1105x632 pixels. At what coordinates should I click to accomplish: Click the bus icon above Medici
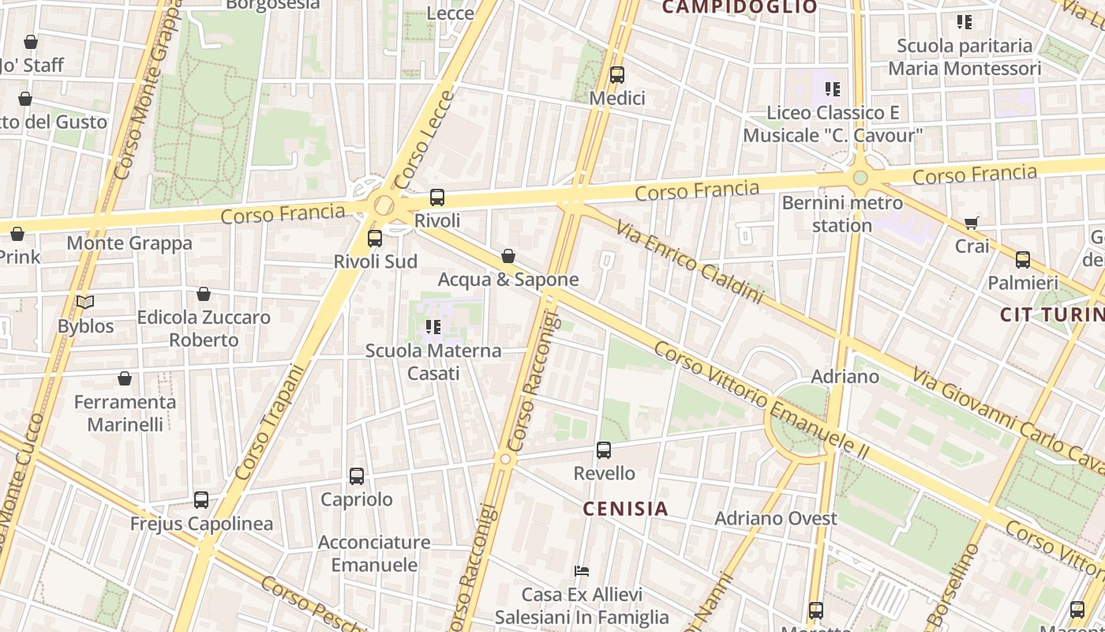pyautogui.click(x=617, y=75)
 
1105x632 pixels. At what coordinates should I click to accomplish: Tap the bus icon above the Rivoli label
pyautogui.click(x=437, y=197)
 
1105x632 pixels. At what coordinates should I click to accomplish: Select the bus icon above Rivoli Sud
pyautogui.click(x=375, y=238)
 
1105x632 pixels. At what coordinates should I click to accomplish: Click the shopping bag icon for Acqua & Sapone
pyautogui.click(x=508, y=256)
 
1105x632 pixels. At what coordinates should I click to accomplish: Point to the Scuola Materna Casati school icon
pyautogui.click(x=433, y=327)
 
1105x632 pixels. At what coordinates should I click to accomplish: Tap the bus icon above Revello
pyautogui.click(x=604, y=450)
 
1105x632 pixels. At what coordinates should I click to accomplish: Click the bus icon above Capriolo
pyautogui.click(x=357, y=476)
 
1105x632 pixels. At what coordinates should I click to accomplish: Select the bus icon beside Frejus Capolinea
pyautogui.click(x=201, y=500)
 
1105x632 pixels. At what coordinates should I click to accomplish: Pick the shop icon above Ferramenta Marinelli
pyautogui.click(x=125, y=378)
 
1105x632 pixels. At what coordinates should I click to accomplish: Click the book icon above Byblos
pyautogui.click(x=85, y=303)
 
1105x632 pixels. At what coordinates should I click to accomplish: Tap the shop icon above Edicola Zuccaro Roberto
pyautogui.click(x=204, y=294)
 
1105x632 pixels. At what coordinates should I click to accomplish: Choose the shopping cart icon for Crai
pyautogui.click(x=972, y=224)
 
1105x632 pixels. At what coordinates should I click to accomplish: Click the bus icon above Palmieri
pyautogui.click(x=1023, y=259)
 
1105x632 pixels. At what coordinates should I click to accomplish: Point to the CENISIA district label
pyautogui.click(x=626, y=509)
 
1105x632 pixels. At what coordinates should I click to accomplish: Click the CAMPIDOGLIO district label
pyautogui.click(x=740, y=8)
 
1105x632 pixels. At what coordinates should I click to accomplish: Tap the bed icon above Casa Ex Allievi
pyautogui.click(x=582, y=571)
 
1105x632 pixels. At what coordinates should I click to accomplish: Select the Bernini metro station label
pyautogui.click(x=842, y=214)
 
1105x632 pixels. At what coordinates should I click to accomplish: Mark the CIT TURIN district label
pyautogui.click(x=1051, y=314)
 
